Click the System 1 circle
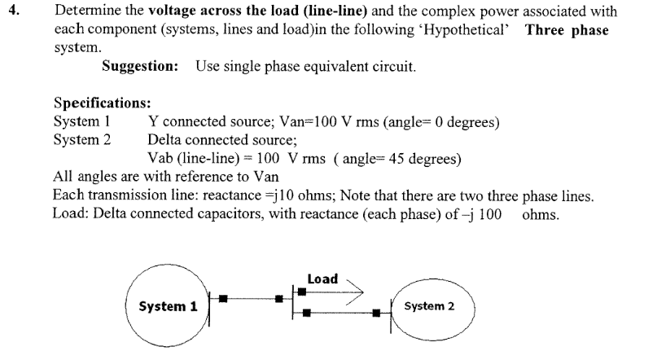coord(167,307)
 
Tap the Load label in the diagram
coord(322,279)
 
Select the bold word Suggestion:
coord(140,66)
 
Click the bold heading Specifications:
coord(94,103)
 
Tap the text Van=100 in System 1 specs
coord(285,122)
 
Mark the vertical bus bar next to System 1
coord(211,308)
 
